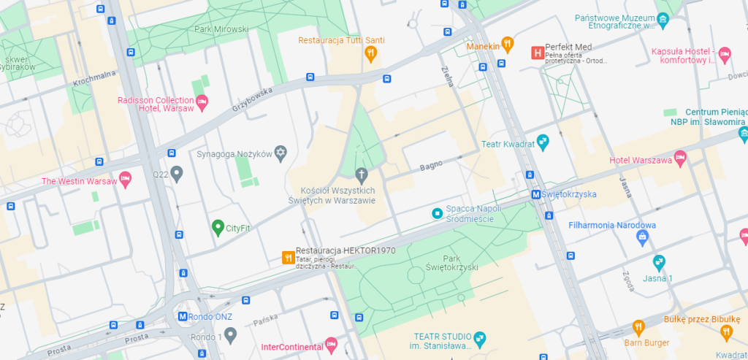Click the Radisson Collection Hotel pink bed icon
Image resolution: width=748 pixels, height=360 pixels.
click(202, 100)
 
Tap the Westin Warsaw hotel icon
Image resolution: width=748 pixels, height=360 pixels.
click(125, 178)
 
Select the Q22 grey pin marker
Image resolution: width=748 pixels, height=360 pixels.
click(176, 174)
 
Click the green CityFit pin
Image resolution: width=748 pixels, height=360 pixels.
click(217, 227)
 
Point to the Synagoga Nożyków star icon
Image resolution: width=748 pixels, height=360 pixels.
click(280, 153)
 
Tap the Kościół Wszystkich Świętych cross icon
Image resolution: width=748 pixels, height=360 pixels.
click(361, 174)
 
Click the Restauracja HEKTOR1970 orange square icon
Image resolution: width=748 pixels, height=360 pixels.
click(288, 257)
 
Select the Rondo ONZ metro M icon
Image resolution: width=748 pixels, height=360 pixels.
click(183, 316)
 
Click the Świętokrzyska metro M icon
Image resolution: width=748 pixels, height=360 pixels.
click(535, 194)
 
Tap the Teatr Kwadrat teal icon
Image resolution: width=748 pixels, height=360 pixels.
click(542, 140)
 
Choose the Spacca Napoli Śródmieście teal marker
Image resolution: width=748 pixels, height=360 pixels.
click(437, 213)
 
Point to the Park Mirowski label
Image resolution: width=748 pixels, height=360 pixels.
click(222, 29)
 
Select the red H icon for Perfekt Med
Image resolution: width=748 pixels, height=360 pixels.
click(537, 53)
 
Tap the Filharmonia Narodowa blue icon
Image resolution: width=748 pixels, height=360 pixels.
click(643, 237)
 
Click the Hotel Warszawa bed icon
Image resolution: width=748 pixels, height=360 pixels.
click(680, 156)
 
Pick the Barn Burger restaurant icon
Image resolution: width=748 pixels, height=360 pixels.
click(638, 326)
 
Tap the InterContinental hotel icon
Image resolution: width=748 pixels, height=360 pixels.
click(331, 342)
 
